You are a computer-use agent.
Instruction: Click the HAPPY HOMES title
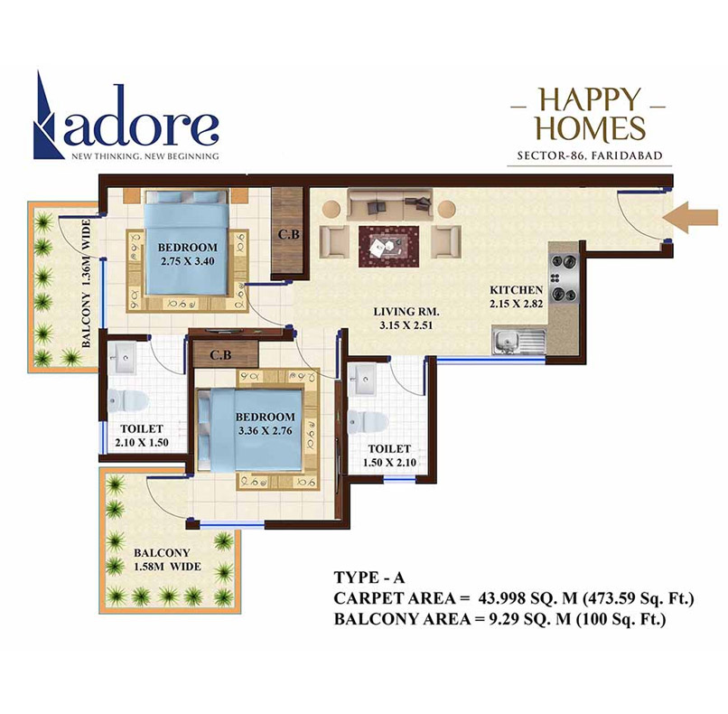coord(587,113)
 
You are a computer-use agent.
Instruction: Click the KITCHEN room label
coord(516,289)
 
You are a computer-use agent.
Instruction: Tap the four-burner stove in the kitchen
coord(564,278)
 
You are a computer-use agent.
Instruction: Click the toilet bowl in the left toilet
coord(124,398)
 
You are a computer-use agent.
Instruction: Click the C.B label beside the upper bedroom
coord(289,235)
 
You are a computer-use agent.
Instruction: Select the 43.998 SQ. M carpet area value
coord(519,598)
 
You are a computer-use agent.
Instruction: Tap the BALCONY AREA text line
coord(499,620)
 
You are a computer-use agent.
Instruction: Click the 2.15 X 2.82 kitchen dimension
coord(516,304)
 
